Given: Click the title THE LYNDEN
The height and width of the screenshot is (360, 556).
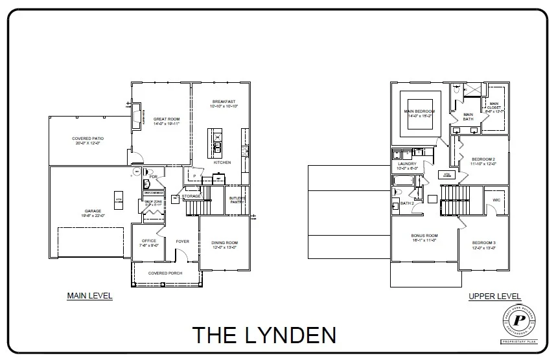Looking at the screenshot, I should [x=264, y=335].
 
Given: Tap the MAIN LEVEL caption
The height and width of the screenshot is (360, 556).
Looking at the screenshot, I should [x=90, y=296].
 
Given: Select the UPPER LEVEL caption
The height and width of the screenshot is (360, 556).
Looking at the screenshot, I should [x=494, y=297].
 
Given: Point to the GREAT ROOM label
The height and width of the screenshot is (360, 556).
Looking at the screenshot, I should [x=167, y=119].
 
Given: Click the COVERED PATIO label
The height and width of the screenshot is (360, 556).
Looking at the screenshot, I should [x=87, y=139].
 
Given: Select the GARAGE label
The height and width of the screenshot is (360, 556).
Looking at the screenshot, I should [x=93, y=210].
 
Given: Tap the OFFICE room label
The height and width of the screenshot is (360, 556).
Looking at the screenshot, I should [x=148, y=242].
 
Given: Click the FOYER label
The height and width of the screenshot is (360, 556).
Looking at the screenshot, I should [x=183, y=242].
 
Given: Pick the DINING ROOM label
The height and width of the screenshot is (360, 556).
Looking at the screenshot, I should [x=225, y=243].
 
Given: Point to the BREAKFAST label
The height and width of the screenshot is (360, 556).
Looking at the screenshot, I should [x=223, y=101].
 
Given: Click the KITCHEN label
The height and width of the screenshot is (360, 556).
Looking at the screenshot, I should [x=222, y=163].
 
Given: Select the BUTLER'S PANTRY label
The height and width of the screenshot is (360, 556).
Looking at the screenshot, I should [x=237, y=199].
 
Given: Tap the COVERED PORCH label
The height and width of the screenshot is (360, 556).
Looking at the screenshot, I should [x=165, y=273].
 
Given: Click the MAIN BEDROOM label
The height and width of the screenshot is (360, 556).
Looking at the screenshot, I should [x=419, y=111].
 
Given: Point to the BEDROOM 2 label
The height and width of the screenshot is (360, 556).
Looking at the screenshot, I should [x=483, y=159].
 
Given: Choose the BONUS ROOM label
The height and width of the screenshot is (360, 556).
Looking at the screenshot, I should [x=424, y=236].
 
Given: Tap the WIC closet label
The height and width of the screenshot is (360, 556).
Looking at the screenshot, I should [x=496, y=199].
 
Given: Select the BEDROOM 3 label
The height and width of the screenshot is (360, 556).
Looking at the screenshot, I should [x=483, y=243].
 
